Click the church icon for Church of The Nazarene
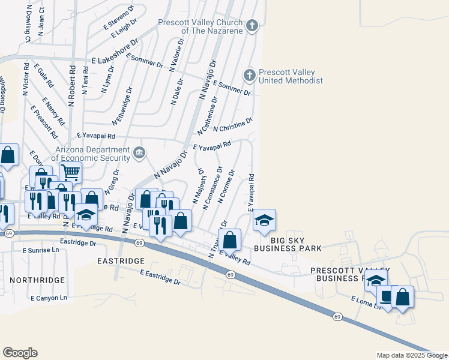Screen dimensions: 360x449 [253, 25]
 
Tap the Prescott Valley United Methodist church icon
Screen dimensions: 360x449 [249, 75]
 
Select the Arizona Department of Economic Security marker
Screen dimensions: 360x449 [139, 153]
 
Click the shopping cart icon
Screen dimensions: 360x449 [70, 172]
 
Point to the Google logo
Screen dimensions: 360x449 [20, 353]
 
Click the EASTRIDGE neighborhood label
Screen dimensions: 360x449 [121, 262]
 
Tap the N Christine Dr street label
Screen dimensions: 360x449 [233, 124]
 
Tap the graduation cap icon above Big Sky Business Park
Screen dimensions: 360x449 [264, 220]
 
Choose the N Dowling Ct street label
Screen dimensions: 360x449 [28, 22]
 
